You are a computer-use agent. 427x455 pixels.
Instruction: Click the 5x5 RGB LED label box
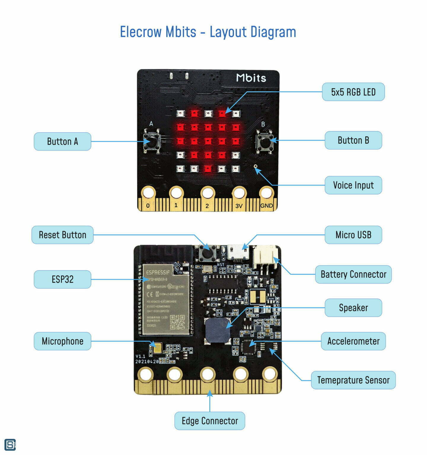pyautogui.click(x=353, y=92)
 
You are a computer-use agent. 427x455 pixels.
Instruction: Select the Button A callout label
pyautogui.click(x=62, y=141)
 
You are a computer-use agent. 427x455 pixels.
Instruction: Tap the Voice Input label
pyautogui.click(x=353, y=185)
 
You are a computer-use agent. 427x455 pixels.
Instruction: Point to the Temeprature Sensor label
pyautogui.click(x=353, y=380)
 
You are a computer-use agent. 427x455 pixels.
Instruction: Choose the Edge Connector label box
pyautogui.click(x=210, y=421)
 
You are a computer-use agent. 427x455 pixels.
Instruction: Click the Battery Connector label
pyautogui.click(x=353, y=274)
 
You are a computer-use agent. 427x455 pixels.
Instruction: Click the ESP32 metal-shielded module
pyautogui.click(x=166, y=299)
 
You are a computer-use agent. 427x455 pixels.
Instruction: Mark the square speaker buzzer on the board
pyautogui.click(x=218, y=331)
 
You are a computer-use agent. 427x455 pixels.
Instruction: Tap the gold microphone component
pyautogui.click(x=157, y=348)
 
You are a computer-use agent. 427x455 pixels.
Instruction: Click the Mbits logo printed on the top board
pyautogui.click(x=251, y=78)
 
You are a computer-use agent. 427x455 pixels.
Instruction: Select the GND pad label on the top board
pyautogui.click(x=266, y=206)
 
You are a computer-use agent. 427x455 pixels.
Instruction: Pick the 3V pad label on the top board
pyautogui.click(x=239, y=206)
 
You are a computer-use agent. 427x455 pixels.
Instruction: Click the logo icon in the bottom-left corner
pyautogui.click(x=10, y=445)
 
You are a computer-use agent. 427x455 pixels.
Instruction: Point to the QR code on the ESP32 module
pyautogui.click(x=177, y=322)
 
